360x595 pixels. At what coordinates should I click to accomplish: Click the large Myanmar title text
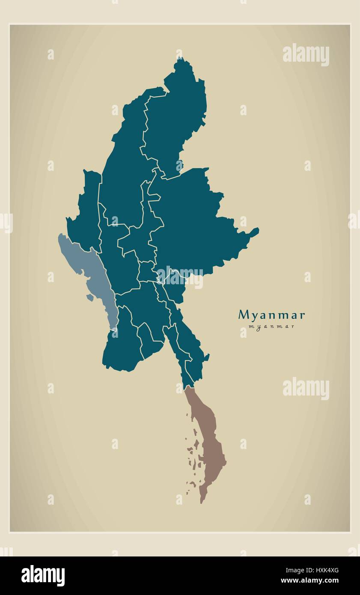271,315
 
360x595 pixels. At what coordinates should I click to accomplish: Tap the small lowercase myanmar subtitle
271,327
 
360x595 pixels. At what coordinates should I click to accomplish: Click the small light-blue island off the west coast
89,297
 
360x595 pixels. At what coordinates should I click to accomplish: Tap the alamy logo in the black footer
43,576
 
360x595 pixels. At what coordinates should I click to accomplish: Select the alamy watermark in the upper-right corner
306,55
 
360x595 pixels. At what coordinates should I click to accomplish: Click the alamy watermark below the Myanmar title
306,389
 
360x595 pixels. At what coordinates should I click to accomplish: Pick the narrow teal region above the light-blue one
86,205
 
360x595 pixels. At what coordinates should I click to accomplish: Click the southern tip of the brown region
202,502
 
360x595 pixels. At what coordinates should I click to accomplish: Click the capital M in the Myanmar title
243,315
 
